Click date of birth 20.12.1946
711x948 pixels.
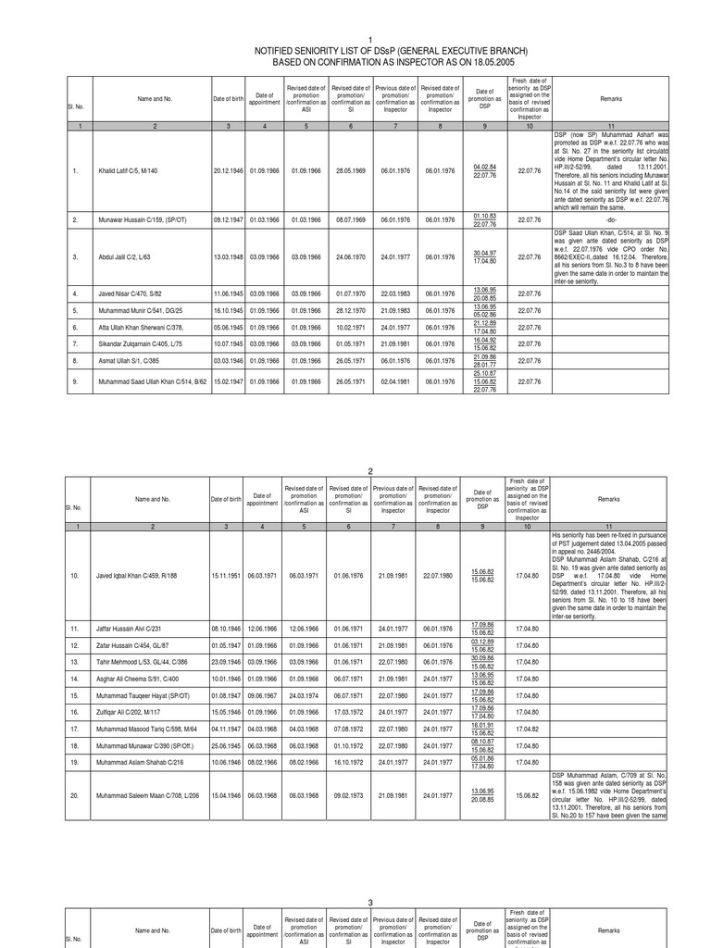227,170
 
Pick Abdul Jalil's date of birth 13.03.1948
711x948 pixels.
227,256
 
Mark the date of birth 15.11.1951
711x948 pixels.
227,575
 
